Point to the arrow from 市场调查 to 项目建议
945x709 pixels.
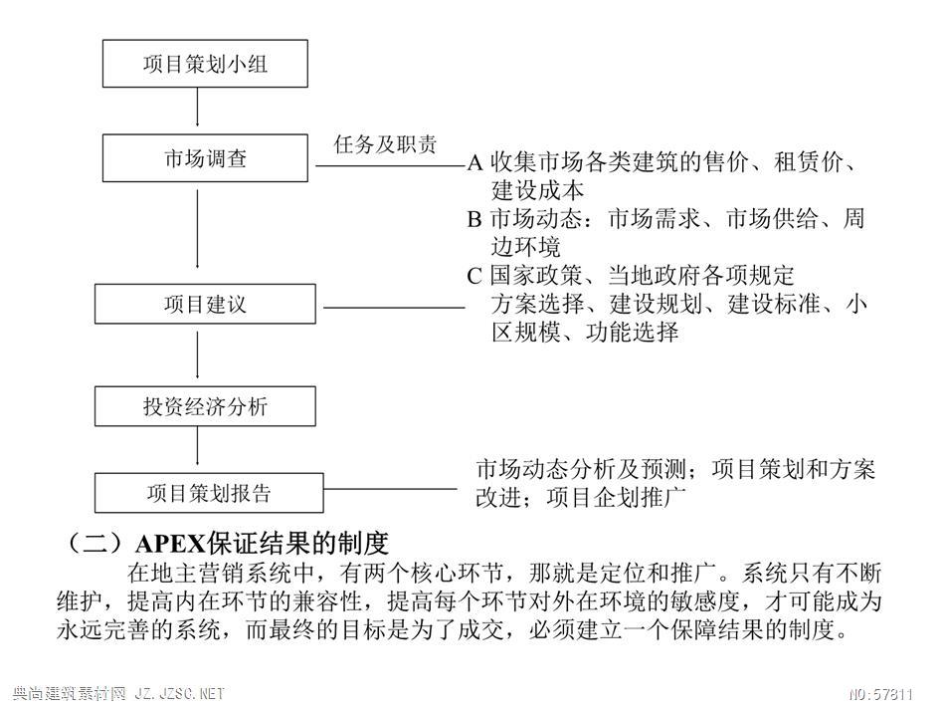click(x=197, y=229)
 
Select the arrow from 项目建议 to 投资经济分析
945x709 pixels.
click(x=197, y=354)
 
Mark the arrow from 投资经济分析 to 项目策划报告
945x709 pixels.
click(x=197, y=446)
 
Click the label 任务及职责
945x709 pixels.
click(x=385, y=144)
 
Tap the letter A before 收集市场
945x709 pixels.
click(x=474, y=162)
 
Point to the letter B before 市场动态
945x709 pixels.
click(x=474, y=218)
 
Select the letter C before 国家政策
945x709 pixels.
click(x=474, y=276)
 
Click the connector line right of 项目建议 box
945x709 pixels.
click(x=394, y=308)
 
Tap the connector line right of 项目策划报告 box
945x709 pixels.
click(x=391, y=489)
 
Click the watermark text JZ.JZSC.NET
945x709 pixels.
click(x=179, y=694)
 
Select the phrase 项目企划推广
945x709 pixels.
click(x=616, y=498)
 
